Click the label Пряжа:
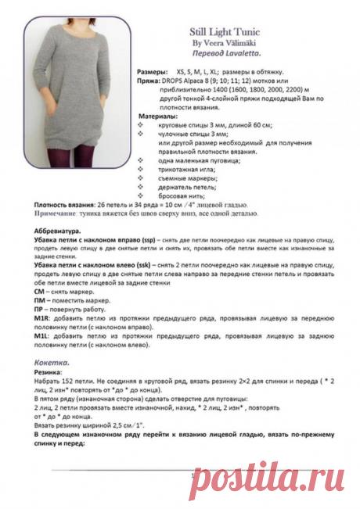coord(148,79)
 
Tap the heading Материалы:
coord(155,116)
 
